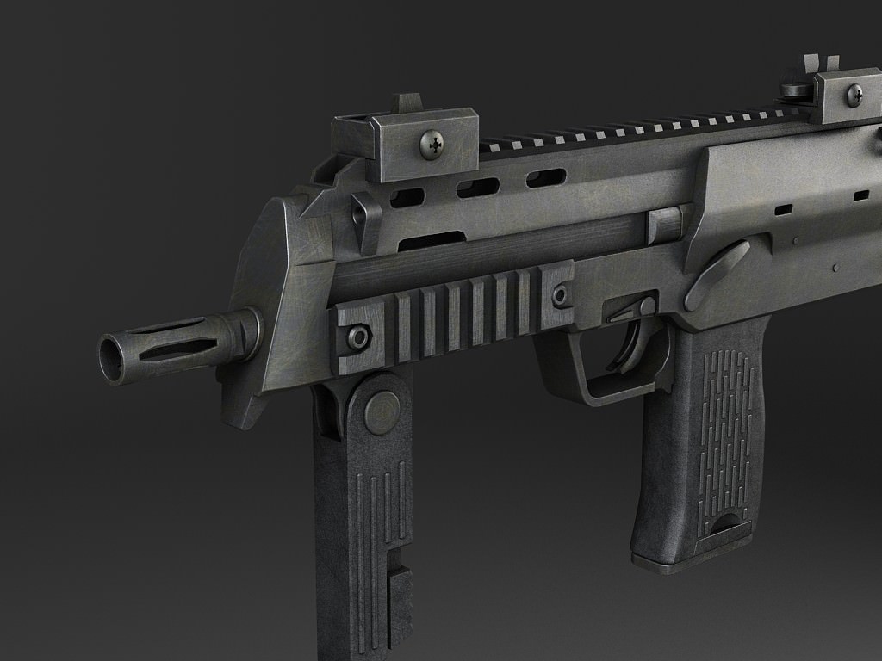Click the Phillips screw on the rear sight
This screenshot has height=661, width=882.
pyautogui.click(x=854, y=94)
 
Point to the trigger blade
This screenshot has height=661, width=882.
pyautogui.click(x=633, y=349)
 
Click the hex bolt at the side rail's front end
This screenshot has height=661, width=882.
pyautogui.click(x=358, y=337)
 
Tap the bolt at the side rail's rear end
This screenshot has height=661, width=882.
pyautogui.click(x=562, y=296)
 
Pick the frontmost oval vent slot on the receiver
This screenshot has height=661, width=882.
pyautogui.click(x=407, y=199)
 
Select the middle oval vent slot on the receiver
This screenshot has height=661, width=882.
pyautogui.click(x=478, y=188)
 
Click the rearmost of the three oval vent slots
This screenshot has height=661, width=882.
pyautogui.click(x=546, y=178)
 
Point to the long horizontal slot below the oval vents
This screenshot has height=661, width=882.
pyautogui.click(x=431, y=241)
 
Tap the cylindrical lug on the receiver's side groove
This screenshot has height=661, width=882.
pyautogui.click(x=665, y=224)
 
